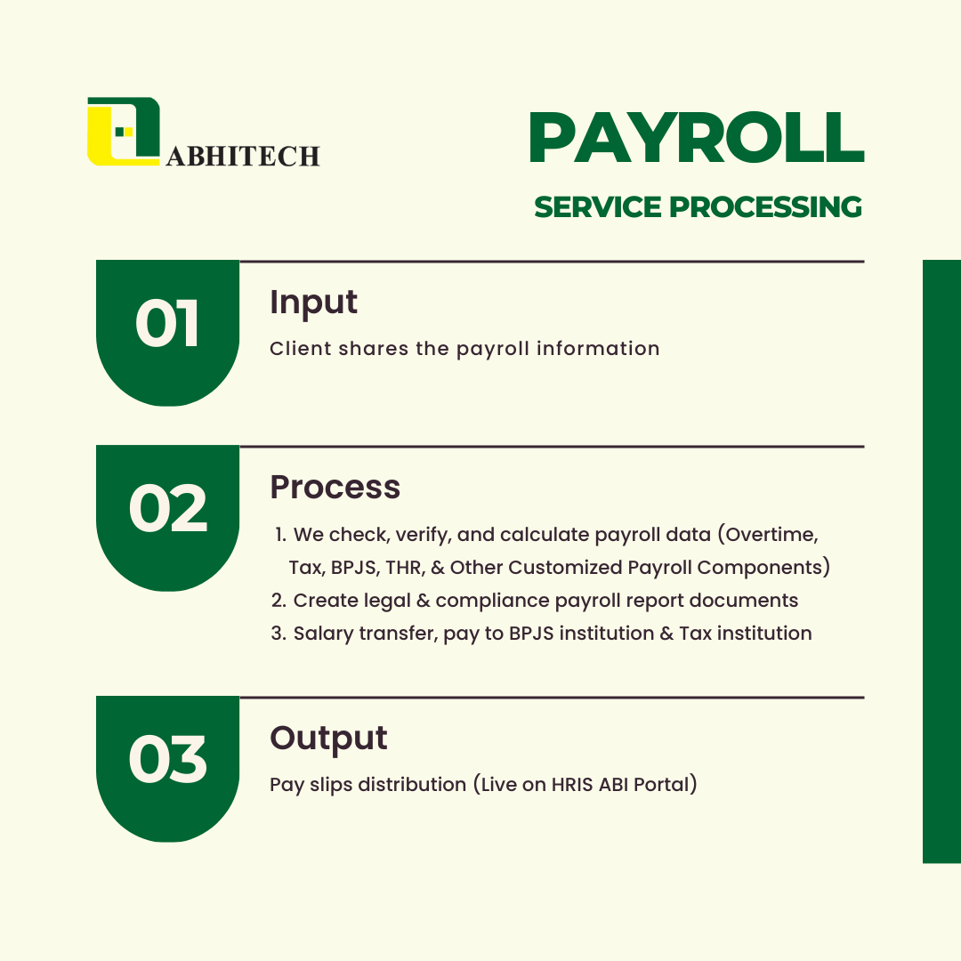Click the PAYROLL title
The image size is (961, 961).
pyautogui.click(x=697, y=138)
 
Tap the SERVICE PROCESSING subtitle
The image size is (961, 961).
pyautogui.click(x=699, y=207)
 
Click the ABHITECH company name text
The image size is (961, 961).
pyautogui.click(x=243, y=157)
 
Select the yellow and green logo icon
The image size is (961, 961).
pyautogui.click(x=124, y=131)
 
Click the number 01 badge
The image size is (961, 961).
pyautogui.click(x=167, y=333)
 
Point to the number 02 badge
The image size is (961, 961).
pyautogui.click(x=167, y=518)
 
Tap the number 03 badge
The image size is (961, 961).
pyautogui.click(x=167, y=769)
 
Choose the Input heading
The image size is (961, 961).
pyautogui.click(x=313, y=303)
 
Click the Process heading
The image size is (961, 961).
pyautogui.click(x=335, y=488)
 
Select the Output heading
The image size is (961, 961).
pyautogui.click(x=328, y=738)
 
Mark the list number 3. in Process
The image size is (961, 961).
pyautogui.click(x=279, y=634)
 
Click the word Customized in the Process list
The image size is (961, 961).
pyautogui.click(x=565, y=568)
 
